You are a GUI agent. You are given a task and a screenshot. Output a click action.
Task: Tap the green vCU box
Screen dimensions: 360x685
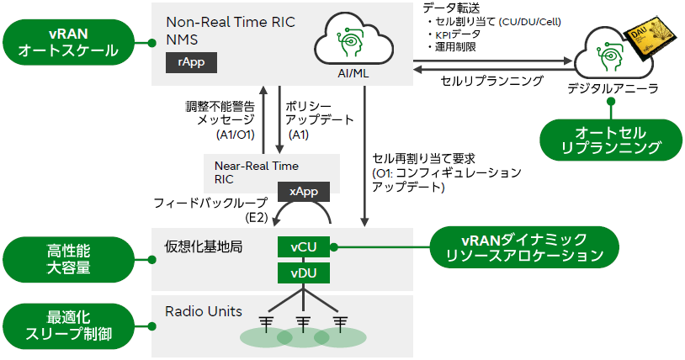pyautogui.click(x=304, y=247)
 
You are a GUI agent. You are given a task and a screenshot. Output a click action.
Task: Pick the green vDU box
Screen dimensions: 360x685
pyautogui.click(x=304, y=273)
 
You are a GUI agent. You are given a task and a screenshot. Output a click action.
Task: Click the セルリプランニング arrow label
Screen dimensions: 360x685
pyautogui.click(x=492, y=82)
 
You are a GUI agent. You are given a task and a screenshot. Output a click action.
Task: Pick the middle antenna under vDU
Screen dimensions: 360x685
pyautogui.click(x=304, y=325)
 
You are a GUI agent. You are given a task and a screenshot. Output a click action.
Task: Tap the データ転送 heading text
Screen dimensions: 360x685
pyautogui.click(x=449, y=8)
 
